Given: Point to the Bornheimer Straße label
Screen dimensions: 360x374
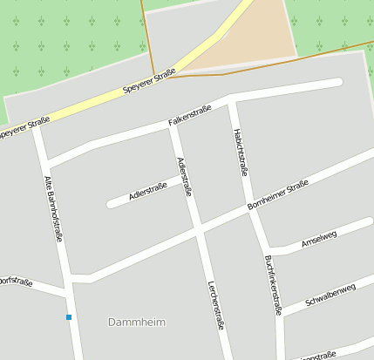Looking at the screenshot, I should [x=278, y=194].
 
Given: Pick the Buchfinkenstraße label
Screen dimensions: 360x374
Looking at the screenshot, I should [x=273, y=283].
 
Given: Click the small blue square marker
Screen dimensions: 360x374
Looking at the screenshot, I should [x=69, y=316].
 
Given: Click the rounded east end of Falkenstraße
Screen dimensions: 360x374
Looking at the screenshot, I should [x=337, y=83].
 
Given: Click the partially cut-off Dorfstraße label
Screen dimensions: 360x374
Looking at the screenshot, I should [x=15, y=282].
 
